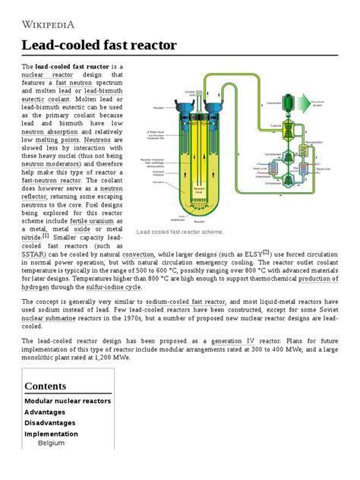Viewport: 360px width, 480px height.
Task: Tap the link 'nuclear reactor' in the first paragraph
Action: tap(52, 76)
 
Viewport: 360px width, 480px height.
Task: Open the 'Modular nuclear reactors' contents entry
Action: tap(68, 401)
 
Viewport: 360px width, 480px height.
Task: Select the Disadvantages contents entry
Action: tap(56, 422)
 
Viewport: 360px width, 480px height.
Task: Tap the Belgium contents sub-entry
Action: tap(52, 442)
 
